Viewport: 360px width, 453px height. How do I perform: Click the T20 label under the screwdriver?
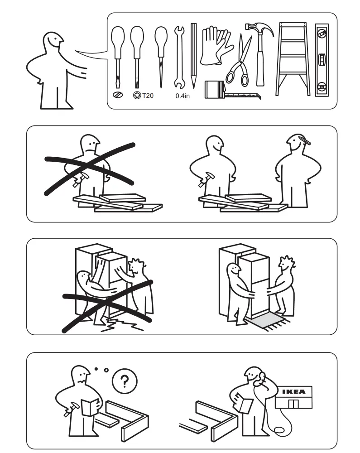pos(148,96)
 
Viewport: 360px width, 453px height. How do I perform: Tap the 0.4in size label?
pos(182,96)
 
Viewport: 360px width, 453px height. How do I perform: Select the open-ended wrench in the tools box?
pos(180,57)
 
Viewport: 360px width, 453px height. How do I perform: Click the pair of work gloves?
pos(215,45)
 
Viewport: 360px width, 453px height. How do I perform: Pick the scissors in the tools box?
pos(239,63)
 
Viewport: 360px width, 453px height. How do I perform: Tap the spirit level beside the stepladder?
pos(322,59)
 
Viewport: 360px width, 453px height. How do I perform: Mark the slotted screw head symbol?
pos(118,95)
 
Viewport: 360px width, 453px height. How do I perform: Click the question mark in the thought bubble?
pos(124,381)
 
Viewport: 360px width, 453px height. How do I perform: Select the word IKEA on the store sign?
pos(293,391)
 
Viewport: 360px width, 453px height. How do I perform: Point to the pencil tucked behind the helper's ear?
pos(304,140)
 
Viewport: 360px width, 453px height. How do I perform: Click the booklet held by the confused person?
pos(89,406)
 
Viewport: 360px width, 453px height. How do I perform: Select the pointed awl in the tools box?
pos(161,57)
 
